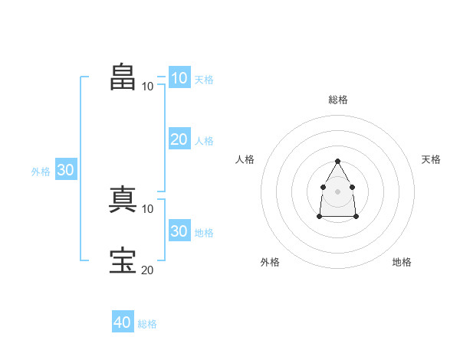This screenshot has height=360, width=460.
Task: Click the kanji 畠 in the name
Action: [123, 77]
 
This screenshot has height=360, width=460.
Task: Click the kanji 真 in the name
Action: [123, 199]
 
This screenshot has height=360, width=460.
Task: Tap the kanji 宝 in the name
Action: [123, 260]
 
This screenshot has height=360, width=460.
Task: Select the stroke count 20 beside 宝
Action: [147, 270]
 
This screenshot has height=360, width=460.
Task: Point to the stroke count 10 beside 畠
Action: [147, 87]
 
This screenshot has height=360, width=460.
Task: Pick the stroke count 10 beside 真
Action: [147, 209]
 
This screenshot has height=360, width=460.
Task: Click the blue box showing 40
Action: [123, 321]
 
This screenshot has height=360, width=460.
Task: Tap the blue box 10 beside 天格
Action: [179, 77]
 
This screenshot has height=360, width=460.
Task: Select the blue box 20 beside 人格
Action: [179, 139]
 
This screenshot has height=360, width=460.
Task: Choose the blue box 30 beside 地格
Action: [179, 230]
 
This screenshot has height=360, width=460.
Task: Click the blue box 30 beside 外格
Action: [66, 169]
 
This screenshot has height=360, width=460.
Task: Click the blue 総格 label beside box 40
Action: [147, 324]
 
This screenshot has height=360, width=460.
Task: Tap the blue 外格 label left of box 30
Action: [41, 172]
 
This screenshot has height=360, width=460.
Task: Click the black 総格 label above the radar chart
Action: [338, 100]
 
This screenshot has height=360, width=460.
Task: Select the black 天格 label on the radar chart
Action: [431, 159]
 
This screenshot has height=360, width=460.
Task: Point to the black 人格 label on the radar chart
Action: [245, 159]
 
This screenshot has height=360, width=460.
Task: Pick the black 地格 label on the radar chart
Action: [402, 262]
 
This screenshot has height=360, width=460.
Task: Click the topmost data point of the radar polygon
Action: [337, 162]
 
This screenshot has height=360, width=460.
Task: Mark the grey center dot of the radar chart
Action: [337, 191]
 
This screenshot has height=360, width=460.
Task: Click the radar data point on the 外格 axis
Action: [320, 216]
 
